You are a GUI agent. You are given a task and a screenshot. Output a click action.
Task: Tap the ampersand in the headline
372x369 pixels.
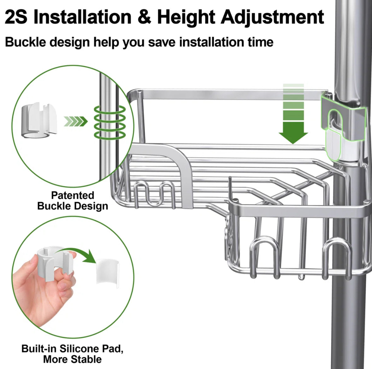[x=144, y=17]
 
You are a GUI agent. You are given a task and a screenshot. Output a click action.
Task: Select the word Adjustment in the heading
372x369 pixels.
[x=272, y=17]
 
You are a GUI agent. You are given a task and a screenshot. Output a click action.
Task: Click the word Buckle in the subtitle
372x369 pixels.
[x=25, y=42]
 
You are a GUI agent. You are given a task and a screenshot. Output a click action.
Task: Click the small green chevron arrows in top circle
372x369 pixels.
[x=75, y=121]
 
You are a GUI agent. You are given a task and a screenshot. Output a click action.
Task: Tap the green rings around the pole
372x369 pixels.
[x=109, y=122]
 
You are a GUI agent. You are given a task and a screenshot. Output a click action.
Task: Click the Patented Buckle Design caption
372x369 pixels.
[x=73, y=200]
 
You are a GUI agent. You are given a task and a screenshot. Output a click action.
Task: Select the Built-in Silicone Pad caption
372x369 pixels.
[x=73, y=354]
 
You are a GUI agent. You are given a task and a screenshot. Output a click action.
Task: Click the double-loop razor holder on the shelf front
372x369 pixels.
[x=155, y=194]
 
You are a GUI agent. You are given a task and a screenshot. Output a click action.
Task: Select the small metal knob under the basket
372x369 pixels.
[x=301, y=278]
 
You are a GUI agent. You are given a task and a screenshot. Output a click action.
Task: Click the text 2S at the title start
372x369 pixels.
[x=16, y=17]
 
